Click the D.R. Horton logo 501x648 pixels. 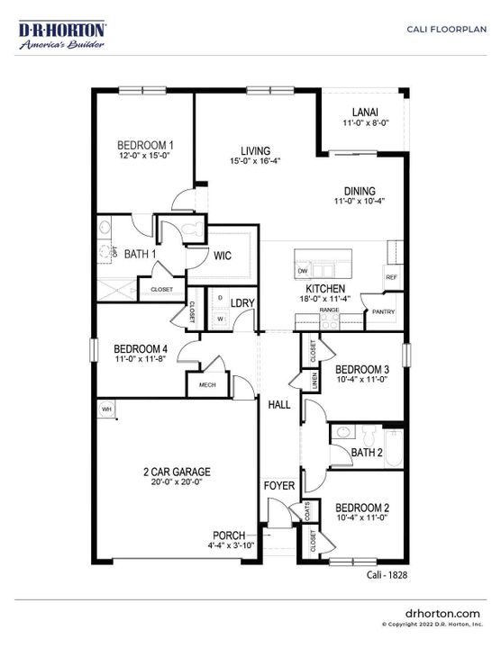coord(63,35)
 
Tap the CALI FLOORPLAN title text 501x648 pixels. coord(446,29)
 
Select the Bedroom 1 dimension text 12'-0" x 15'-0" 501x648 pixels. coord(145,156)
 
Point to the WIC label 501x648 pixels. coord(223,256)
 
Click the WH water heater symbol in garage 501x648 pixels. coord(106,409)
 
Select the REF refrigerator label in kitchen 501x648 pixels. coord(391,277)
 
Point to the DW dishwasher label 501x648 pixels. coord(303,271)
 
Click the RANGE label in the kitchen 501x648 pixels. coord(329,310)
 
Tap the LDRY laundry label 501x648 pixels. coord(242,302)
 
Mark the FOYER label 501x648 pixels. coord(279,486)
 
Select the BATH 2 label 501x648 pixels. coord(369,453)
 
